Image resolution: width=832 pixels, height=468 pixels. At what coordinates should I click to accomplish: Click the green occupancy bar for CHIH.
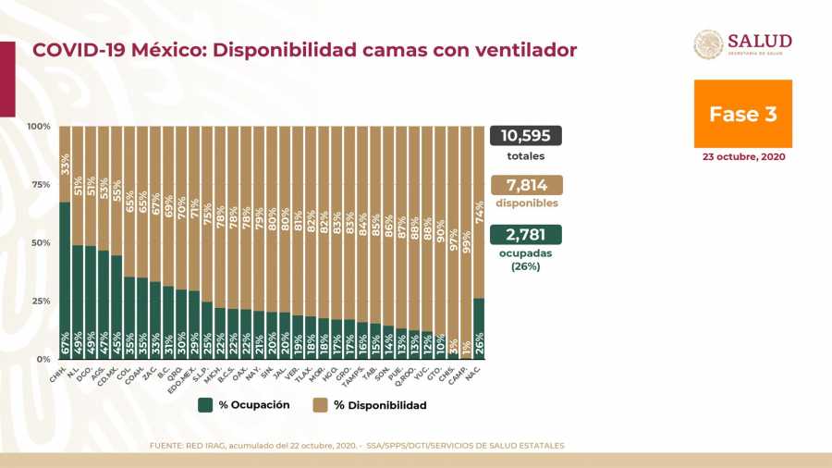point(65,277)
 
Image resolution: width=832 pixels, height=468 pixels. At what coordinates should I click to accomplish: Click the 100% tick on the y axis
point(39,126)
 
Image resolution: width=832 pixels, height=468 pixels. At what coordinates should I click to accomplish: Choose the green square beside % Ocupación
point(205,405)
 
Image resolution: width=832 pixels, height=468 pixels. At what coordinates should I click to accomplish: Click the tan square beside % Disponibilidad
point(321,405)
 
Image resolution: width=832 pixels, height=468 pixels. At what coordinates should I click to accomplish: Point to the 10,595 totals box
point(525,136)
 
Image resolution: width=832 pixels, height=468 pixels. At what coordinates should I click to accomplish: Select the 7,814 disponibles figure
point(525,184)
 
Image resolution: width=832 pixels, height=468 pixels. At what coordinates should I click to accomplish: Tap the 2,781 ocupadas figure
point(525,233)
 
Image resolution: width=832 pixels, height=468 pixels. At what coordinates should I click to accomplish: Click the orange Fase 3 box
point(742,114)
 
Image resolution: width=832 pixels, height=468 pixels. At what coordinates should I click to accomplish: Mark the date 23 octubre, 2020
point(743,157)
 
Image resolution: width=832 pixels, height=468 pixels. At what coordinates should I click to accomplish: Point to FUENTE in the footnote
point(167,446)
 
